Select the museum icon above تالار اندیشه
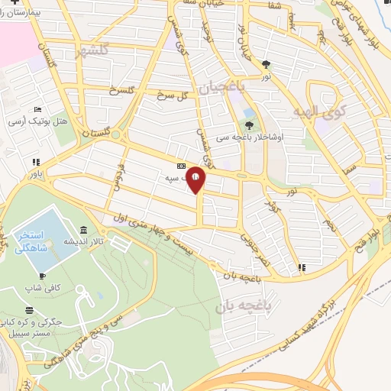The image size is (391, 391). click(82, 231)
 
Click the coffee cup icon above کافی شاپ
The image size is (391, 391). click(43, 276)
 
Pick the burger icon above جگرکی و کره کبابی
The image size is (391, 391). click(29, 310)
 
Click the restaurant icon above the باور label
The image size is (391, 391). click(36, 162)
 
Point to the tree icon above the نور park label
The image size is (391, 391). click(266, 65)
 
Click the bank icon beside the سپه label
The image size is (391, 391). click(181, 166)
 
